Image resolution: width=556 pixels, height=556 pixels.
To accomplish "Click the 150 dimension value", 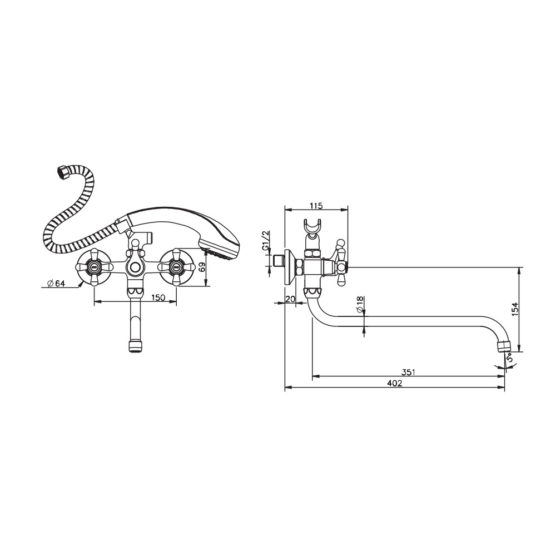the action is click(x=158, y=297).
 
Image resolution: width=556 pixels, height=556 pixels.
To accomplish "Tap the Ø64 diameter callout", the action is click(x=56, y=283).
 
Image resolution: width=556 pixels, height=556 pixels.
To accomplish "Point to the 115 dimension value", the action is click(x=316, y=205).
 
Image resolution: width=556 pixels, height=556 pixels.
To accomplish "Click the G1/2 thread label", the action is click(x=266, y=241).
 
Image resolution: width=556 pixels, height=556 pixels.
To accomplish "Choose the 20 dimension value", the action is click(x=290, y=299).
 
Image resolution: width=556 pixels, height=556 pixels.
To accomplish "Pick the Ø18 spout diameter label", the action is click(x=360, y=305).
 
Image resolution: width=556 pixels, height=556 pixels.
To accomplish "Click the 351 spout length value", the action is click(x=408, y=373).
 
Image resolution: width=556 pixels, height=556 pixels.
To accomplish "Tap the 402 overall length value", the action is click(x=395, y=383).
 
